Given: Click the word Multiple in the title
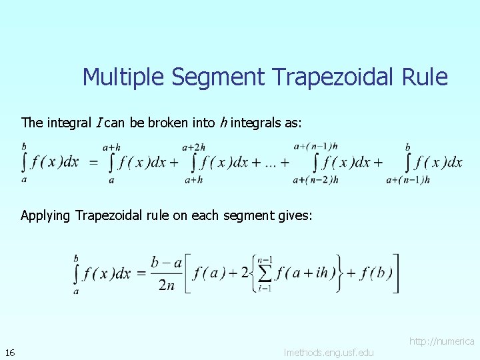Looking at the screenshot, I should (x=124, y=77).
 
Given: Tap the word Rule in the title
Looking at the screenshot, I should (x=425, y=77).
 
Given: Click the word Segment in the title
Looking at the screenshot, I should (x=219, y=77).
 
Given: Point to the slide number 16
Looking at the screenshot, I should (x=9, y=352).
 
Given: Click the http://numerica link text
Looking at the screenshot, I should (x=441, y=341).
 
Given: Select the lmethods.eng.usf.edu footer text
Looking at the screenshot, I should (x=329, y=352).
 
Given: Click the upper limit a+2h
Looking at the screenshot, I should (x=193, y=147).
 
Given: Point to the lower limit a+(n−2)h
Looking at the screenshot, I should (x=315, y=179).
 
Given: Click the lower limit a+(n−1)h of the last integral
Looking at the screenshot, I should (x=409, y=179).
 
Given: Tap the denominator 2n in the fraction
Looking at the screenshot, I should (x=167, y=285).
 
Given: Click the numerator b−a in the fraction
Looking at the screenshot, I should (x=167, y=263).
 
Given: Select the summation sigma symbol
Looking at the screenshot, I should (x=265, y=273).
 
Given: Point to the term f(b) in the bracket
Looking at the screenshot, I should (x=376, y=273).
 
